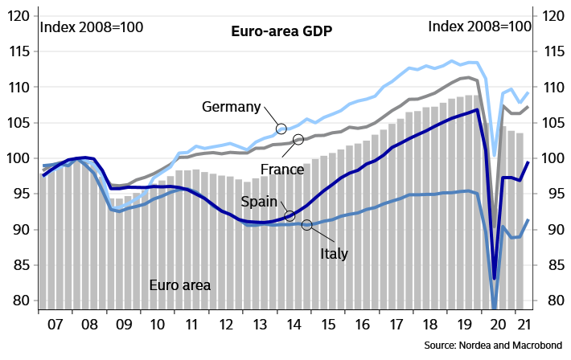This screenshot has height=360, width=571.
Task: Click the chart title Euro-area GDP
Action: tap(281, 31)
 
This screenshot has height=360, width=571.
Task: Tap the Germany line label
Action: tap(232, 107)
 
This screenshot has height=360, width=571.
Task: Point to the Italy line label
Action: tap(334, 254)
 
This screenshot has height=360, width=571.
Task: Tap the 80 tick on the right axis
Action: tap(553, 301)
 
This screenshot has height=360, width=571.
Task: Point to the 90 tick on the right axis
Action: tap(553, 230)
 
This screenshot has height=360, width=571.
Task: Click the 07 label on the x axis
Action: tap(55, 327)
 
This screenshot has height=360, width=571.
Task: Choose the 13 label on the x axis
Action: tap(260, 327)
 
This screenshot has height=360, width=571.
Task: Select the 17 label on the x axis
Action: tap(396, 327)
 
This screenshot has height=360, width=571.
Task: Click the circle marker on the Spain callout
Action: tap(290, 215)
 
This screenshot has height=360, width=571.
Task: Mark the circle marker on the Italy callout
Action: tap(306, 224)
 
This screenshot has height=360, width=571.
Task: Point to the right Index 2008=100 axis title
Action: tap(479, 27)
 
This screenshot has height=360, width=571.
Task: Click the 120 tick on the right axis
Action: tap(553, 16)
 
